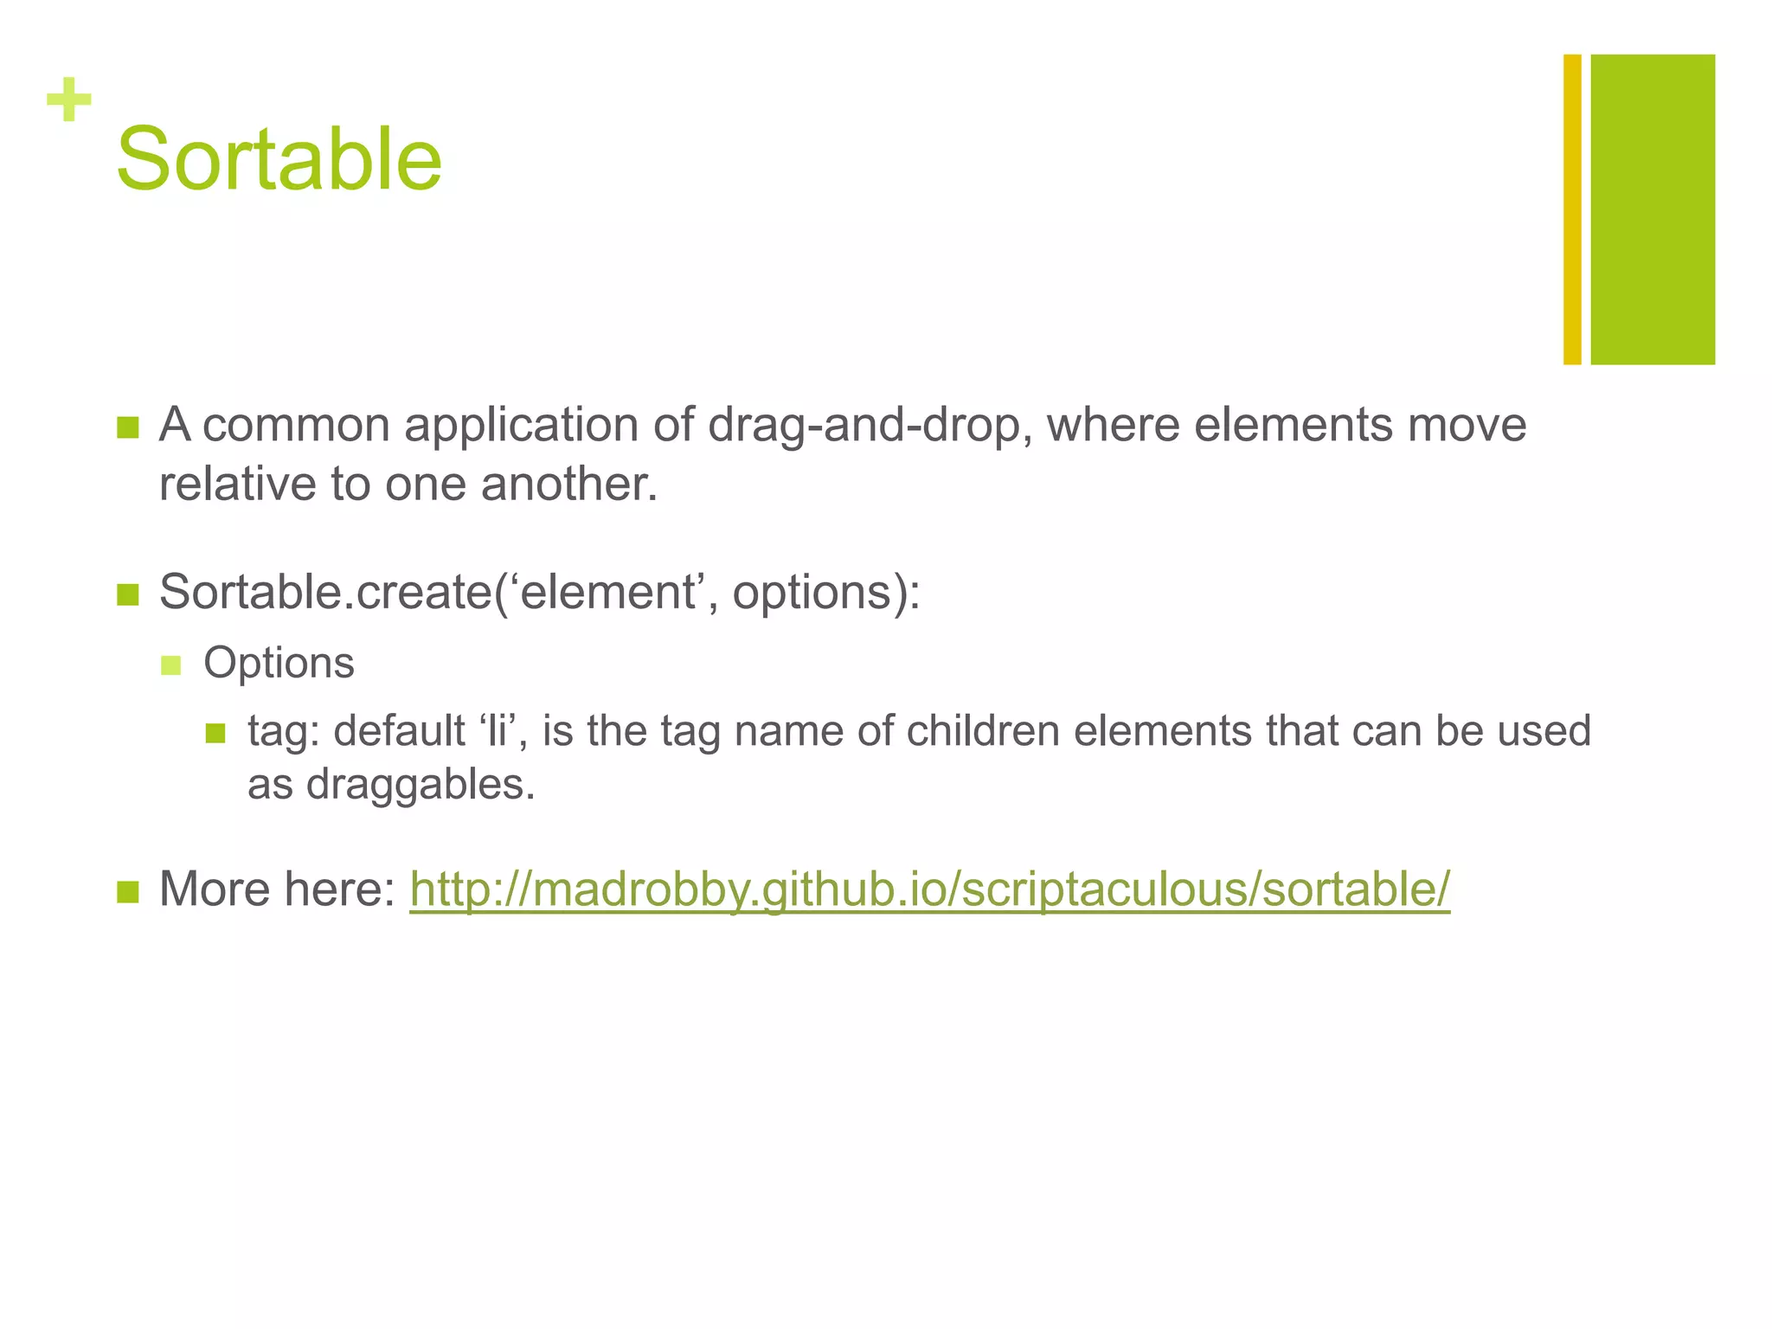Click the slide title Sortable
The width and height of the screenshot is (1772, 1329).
coord(279,159)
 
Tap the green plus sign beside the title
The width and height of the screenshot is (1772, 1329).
coord(69,100)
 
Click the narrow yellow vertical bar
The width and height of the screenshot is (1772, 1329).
coord(1572,209)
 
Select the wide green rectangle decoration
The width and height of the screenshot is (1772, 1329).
coord(1652,209)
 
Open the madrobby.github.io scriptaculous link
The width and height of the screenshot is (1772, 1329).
coord(929,889)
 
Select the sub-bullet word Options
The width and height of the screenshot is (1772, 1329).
coord(279,664)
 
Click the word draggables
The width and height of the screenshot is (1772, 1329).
coord(421,785)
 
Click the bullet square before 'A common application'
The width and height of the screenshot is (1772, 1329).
coord(127,427)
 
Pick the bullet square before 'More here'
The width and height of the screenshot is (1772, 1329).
coord(127,892)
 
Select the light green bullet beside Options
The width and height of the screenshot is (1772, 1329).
coord(170,665)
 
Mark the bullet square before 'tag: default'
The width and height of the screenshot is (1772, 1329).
coord(215,734)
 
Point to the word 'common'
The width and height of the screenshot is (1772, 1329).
coord(296,425)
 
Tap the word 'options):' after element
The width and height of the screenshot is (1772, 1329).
coord(826,593)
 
